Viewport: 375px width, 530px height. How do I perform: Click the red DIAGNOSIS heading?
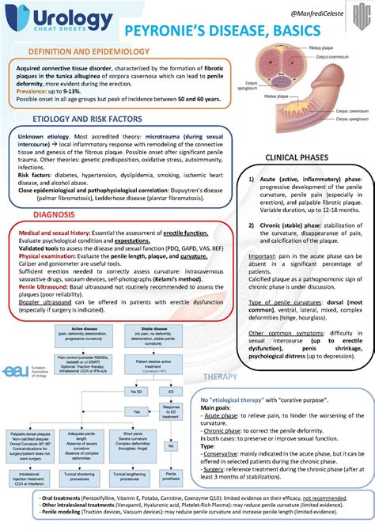pos(55,215)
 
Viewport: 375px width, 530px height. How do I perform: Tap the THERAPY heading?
pos(221,353)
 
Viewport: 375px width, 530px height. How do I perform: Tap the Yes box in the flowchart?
pos(138,412)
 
